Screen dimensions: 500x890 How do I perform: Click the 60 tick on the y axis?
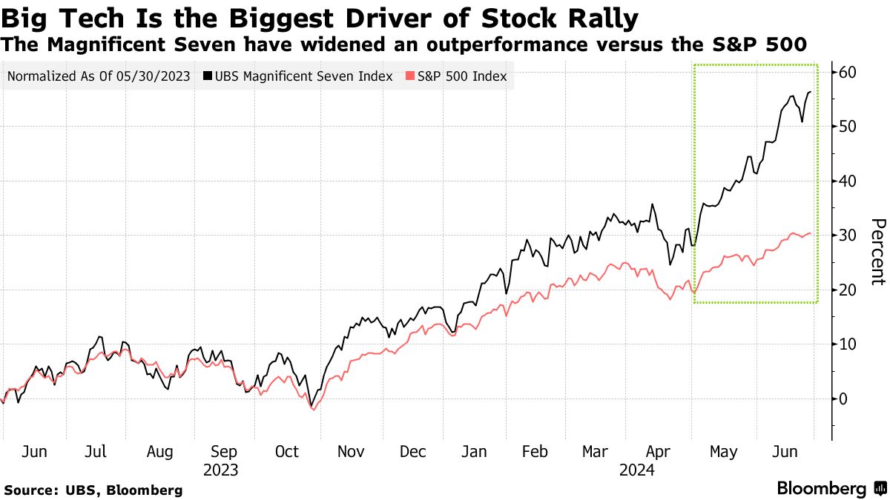point(848,72)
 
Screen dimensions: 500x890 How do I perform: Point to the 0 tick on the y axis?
point(844,399)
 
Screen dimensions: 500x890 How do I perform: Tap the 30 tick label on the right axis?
point(848,236)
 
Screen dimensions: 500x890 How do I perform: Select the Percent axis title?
point(877,252)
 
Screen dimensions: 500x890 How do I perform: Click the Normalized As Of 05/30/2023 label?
point(99,76)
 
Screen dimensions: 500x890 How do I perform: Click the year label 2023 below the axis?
point(221,470)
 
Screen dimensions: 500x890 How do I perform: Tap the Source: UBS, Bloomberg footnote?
point(93,490)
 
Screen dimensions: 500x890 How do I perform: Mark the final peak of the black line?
point(810,92)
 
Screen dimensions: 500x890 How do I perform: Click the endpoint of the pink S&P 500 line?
point(810,233)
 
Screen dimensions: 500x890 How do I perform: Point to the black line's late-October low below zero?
point(312,407)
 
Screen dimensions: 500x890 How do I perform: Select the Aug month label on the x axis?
point(160,452)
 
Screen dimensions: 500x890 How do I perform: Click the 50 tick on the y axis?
point(848,127)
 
